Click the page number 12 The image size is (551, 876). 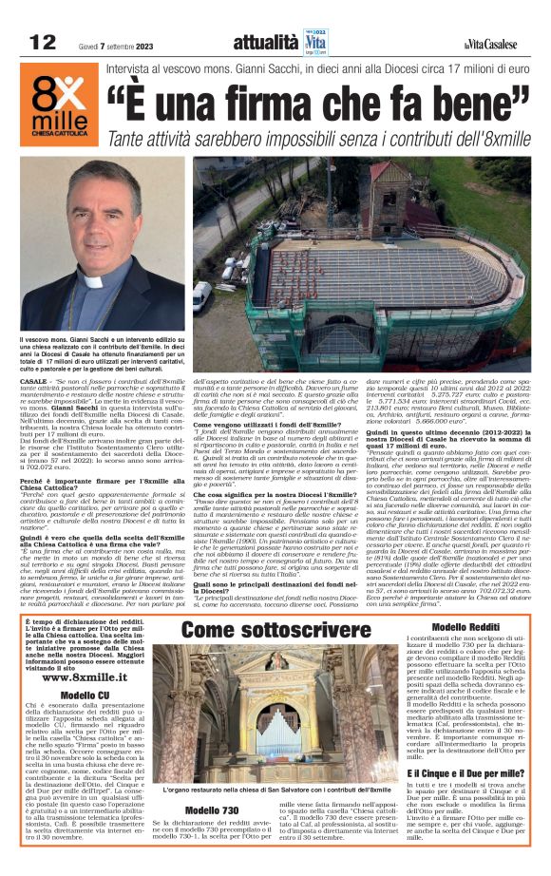click(x=42, y=42)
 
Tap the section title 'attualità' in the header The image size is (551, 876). click(x=265, y=42)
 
